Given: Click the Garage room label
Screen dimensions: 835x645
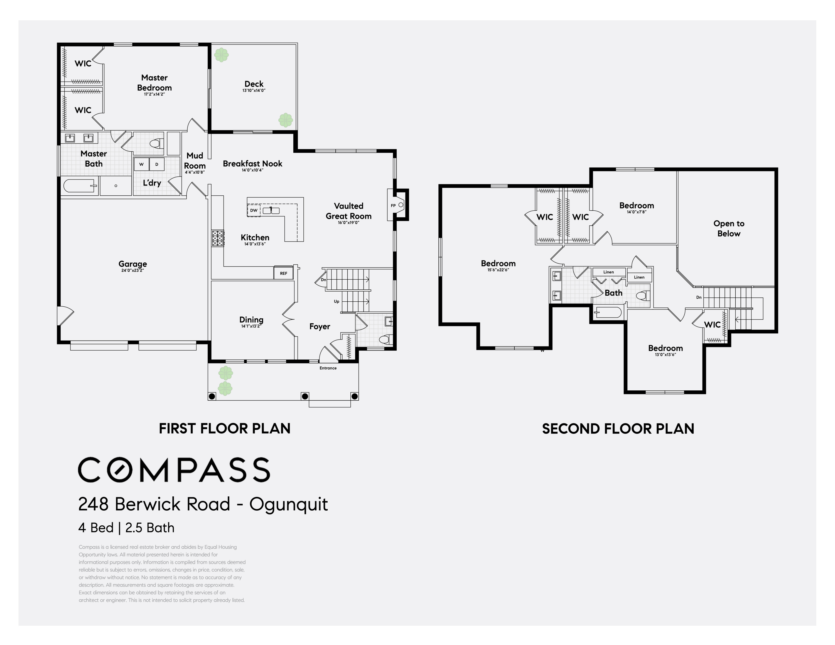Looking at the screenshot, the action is pos(133,264).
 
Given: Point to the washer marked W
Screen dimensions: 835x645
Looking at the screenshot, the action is pos(141,164).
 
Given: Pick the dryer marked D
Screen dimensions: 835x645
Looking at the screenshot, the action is pos(157,164).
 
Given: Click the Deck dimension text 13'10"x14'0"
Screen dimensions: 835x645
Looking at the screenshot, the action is pos(254,90).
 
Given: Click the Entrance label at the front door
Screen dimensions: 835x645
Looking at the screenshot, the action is pos(328,368).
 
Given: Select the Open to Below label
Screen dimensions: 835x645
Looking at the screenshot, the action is pos(729,228).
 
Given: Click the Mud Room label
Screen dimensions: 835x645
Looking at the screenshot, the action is pos(195,161).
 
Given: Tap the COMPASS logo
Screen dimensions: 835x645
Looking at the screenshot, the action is pos(174,470).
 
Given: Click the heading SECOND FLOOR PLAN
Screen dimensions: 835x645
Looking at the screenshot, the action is pos(618,429).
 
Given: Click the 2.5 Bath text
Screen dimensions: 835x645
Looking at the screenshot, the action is pos(150,528).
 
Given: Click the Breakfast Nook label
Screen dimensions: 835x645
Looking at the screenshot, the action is pos(252,164).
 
